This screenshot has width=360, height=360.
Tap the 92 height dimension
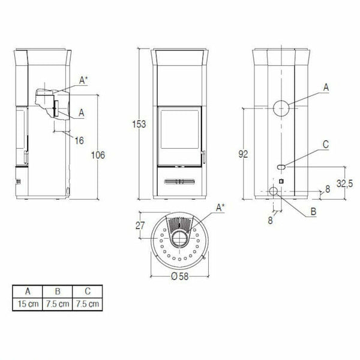pos(242,154)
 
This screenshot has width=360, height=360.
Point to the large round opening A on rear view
pos(280,108)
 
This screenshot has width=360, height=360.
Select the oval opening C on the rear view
pos(281,165)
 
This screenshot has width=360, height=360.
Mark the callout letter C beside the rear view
pos(325,144)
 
